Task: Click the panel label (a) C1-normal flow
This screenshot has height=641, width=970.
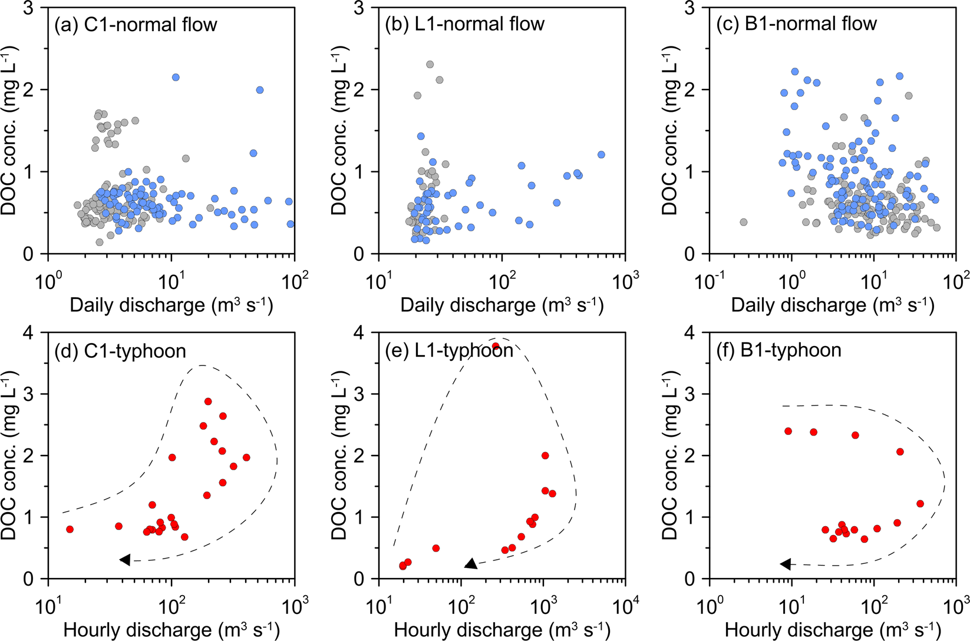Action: (136, 25)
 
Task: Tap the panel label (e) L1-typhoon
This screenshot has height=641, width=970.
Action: (448, 350)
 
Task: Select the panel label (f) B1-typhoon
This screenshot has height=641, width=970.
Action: (778, 350)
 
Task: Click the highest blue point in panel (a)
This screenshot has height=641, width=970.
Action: (176, 78)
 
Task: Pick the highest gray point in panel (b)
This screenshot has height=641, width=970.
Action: (430, 65)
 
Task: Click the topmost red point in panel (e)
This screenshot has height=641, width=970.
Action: (496, 346)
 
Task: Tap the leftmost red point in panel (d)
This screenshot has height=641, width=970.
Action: (70, 529)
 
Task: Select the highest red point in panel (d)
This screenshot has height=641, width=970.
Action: (208, 401)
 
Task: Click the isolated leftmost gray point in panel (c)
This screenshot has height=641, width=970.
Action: (744, 222)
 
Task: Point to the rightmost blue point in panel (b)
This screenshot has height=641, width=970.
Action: (601, 155)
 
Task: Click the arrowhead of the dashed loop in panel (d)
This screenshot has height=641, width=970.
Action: (125, 560)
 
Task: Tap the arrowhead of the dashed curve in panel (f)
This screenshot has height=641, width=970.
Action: (786, 564)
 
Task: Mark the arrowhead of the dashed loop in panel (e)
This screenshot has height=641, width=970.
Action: (471, 564)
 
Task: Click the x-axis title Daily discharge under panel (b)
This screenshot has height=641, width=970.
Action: (502, 305)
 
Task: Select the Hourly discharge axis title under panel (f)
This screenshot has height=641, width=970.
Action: (833, 629)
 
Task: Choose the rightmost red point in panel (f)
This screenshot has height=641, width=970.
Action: (920, 504)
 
